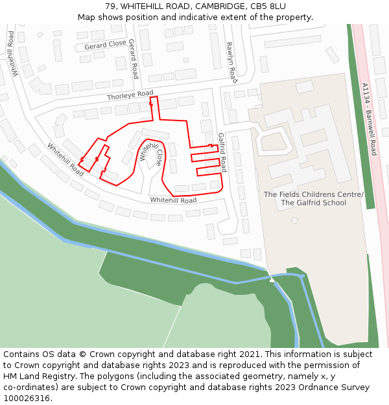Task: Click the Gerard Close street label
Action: (105, 45)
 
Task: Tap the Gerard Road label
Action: (133, 59)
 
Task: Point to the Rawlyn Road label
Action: (231, 62)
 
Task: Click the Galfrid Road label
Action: (222, 152)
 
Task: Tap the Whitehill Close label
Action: (151, 152)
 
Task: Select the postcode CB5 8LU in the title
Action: (268, 6)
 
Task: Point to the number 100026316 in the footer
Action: (28, 398)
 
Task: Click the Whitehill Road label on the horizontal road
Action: (173, 200)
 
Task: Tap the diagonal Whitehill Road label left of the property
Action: (65, 159)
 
